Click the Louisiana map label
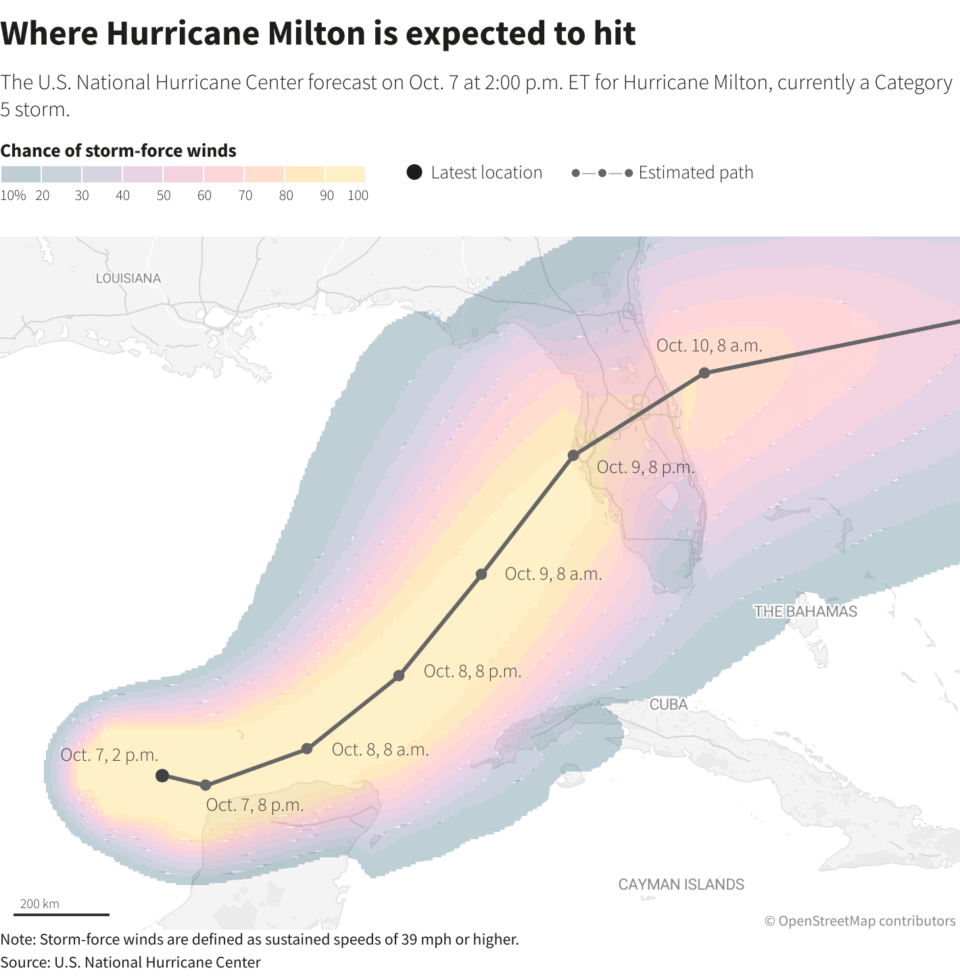128,278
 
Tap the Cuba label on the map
669,704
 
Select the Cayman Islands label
681,884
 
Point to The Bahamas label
805,611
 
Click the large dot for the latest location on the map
162,776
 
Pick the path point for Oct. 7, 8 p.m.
206,785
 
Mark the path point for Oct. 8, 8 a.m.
307,749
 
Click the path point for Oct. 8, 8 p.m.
399,676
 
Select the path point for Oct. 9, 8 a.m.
481,574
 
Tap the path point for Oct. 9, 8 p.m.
573,455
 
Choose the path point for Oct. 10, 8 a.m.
704,373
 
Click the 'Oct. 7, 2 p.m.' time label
110,755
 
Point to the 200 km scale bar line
62,915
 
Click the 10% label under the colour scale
14,196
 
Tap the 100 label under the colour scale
358,196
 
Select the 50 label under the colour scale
164,196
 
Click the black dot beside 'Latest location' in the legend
414,172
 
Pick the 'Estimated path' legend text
696,173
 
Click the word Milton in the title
316,34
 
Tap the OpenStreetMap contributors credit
860,921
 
